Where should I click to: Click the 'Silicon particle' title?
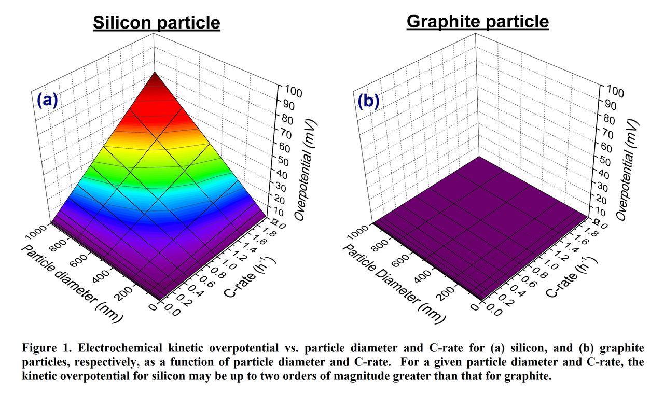click(x=156, y=23)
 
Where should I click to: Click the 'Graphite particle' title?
click(x=477, y=22)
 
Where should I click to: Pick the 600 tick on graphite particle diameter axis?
click(x=405, y=259)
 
